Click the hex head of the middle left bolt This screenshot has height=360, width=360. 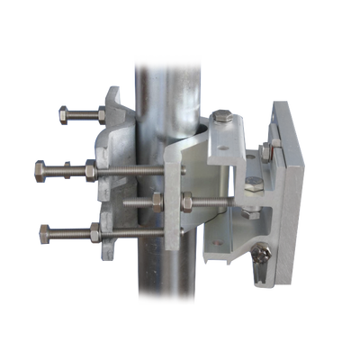point(40,168)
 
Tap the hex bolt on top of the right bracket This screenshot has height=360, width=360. point(224,116)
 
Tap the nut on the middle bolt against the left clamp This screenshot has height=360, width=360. point(91,168)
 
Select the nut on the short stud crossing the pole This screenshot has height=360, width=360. point(157,200)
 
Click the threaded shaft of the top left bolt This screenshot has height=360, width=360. point(85,113)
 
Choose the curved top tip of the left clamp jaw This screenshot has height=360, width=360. point(114,90)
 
